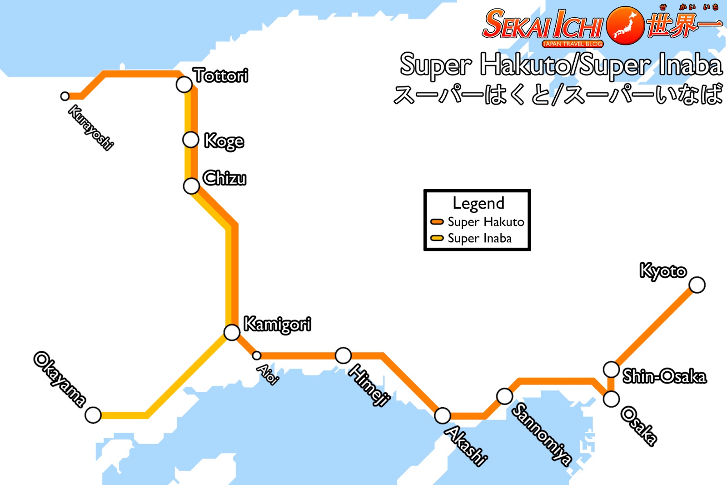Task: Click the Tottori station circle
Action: (x=184, y=85)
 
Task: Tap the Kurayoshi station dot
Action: (x=65, y=96)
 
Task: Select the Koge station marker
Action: (x=190, y=140)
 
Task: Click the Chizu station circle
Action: (x=191, y=185)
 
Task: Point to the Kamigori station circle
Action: (x=232, y=332)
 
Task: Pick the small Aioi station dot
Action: (x=257, y=355)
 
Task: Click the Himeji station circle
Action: (x=343, y=355)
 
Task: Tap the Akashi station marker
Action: (x=442, y=415)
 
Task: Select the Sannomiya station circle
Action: (x=504, y=396)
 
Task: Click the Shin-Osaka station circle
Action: (x=611, y=370)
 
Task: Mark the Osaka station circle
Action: (x=611, y=399)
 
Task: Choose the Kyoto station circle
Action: (x=697, y=285)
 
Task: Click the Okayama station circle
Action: (x=93, y=415)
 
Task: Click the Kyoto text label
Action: (x=663, y=271)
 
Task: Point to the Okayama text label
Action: (x=60, y=379)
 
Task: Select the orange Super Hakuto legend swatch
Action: (x=437, y=222)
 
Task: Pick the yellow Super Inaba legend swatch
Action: (x=437, y=238)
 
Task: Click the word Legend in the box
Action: (x=478, y=203)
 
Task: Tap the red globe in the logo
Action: (x=625, y=25)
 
